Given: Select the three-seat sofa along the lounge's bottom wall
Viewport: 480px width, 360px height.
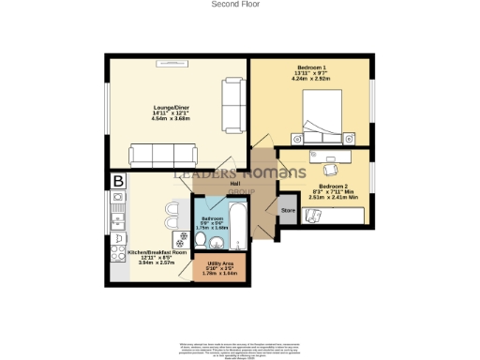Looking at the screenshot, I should [x=163, y=155].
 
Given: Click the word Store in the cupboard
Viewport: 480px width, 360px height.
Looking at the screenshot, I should [x=288, y=212].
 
